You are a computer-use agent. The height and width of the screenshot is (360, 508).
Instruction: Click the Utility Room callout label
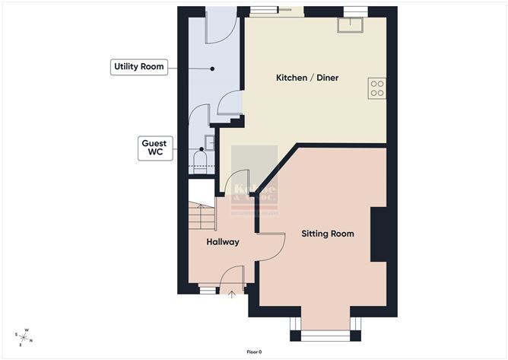pos(138,68)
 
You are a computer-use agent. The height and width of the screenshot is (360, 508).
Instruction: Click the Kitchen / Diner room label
pos(306,78)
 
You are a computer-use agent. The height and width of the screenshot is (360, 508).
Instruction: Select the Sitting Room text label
pos(328,234)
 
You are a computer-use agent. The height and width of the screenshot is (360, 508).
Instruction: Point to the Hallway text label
pos(223,242)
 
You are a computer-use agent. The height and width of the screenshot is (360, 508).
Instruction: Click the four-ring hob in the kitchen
pos(376,88)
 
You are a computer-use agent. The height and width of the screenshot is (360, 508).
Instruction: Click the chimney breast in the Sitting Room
pos(379,235)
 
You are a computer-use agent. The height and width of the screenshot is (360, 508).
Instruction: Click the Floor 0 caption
pos(254,352)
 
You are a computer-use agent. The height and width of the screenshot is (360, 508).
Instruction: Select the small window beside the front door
pos(205,290)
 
